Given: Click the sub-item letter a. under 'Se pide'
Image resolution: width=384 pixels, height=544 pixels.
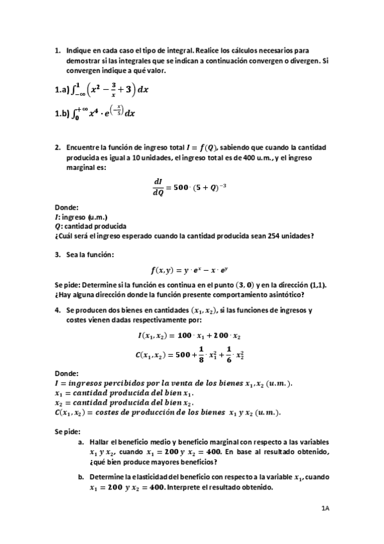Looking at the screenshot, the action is [x=81, y=443].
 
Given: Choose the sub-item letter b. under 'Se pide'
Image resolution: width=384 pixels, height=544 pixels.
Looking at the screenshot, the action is [x=81, y=477].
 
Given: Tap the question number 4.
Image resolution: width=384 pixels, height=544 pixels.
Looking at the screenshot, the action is [x=58, y=310].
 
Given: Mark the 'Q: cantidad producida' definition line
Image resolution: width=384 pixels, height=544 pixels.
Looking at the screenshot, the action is [x=90, y=226].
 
